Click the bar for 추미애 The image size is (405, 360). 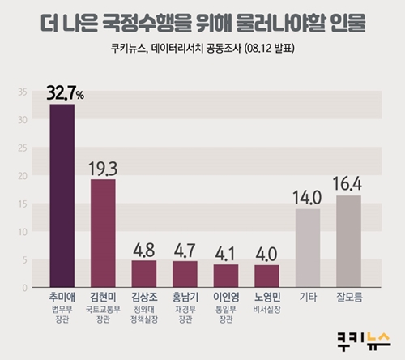pos(62,195)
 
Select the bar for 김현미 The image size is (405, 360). pos(103,234)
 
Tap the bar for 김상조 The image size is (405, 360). pos(144,274)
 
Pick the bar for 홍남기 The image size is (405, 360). pos(185,274)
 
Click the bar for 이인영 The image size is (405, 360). pos(226,276)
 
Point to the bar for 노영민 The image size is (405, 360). pos(266,276)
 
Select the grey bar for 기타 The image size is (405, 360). pos(308,248)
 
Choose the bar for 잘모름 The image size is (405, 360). pos(348,242)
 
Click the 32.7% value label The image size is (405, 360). pos(65,93)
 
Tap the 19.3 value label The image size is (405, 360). pos(103,169)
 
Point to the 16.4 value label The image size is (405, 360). pos(347,184)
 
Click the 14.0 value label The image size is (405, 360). pos(307,198)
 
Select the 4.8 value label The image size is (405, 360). pos(144,250)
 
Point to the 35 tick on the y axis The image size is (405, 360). pos(23,92)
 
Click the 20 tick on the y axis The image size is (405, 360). pos(23,176)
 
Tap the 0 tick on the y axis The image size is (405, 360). pos(25,288)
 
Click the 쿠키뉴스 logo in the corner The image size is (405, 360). pos(364,341)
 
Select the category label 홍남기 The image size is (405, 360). pos(185,297)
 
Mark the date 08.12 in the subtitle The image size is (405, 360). pos(258,49)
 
